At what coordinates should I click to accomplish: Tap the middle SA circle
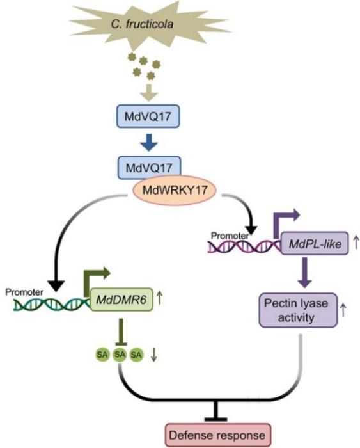click(119, 353)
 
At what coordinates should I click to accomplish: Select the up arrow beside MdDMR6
click(159, 298)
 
